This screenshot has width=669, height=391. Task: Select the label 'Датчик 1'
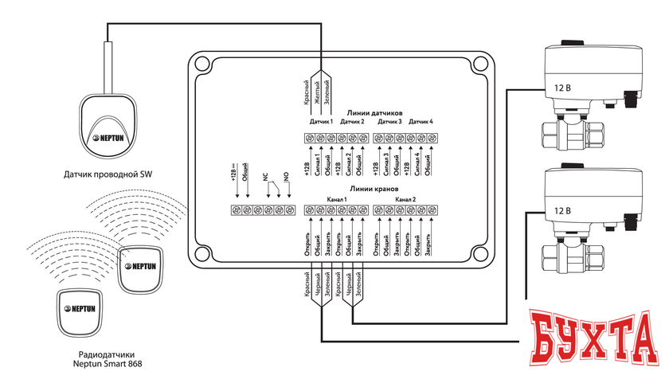pos(321,122)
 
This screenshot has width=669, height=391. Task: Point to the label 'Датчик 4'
pos(421,122)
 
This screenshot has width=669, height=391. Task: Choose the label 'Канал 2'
pos(405,198)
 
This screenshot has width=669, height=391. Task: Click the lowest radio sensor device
pos(79,310)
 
